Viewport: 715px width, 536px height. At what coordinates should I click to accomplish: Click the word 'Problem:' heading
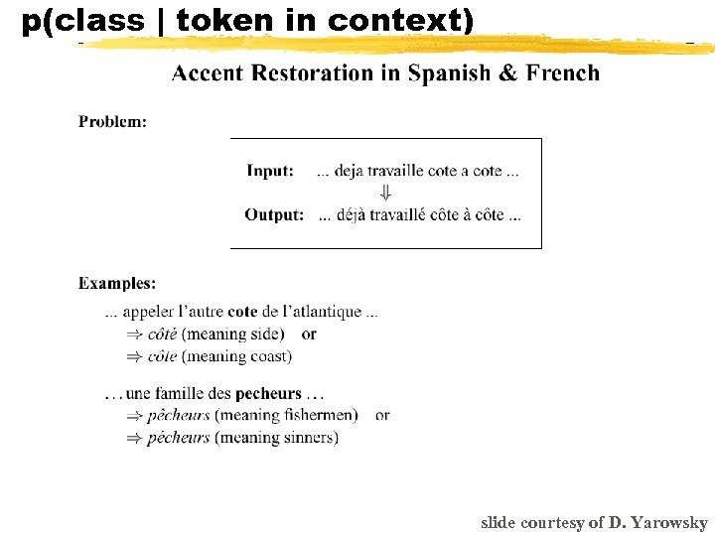pyautogui.click(x=112, y=121)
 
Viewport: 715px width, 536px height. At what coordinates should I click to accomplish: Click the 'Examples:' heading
pyautogui.click(x=117, y=283)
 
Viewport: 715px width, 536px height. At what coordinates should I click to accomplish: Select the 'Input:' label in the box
pyautogui.click(x=270, y=171)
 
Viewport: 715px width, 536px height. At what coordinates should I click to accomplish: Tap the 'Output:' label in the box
pyautogui.click(x=274, y=214)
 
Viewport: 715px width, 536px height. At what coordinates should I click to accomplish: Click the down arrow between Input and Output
pyautogui.click(x=386, y=193)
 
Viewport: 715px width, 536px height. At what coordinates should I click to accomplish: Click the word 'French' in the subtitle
pyautogui.click(x=563, y=72)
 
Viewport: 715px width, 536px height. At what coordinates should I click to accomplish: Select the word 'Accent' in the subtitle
pyautogui.click(x=209, y=72)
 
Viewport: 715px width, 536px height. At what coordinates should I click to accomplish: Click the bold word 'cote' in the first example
pyautogui.click(x=242, y=312)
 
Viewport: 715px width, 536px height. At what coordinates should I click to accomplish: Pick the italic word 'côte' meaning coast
pyautogui.click(x=163, y=355)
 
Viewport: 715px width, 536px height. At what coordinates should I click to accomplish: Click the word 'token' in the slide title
pyautogui.click(x=215, y=20)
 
